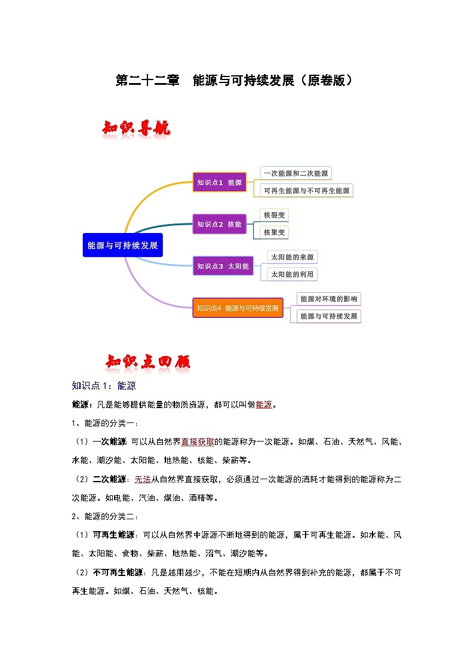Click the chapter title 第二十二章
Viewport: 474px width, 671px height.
coord(147,81)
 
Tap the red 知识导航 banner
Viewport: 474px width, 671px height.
coord(137,128)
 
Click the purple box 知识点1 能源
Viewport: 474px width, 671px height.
coord(219,182)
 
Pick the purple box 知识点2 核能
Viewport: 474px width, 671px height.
coord(219,224)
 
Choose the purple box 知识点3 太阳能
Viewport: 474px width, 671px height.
coord(223,266)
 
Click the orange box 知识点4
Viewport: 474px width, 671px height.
coord(238,308)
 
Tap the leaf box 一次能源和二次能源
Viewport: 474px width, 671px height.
coord(296,173)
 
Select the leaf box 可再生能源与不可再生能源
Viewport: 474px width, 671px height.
coord(307,191)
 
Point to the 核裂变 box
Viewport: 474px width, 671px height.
coord(275,215)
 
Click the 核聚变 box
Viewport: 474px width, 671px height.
coord(275,232)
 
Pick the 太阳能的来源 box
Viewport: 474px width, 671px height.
coord(292,257)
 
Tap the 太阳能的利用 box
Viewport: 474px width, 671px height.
coord(292,274)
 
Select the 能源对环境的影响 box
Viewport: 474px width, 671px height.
coord(329,299)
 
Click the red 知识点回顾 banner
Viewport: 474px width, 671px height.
coord(148,362)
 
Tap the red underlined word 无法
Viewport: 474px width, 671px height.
coord(142,479)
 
